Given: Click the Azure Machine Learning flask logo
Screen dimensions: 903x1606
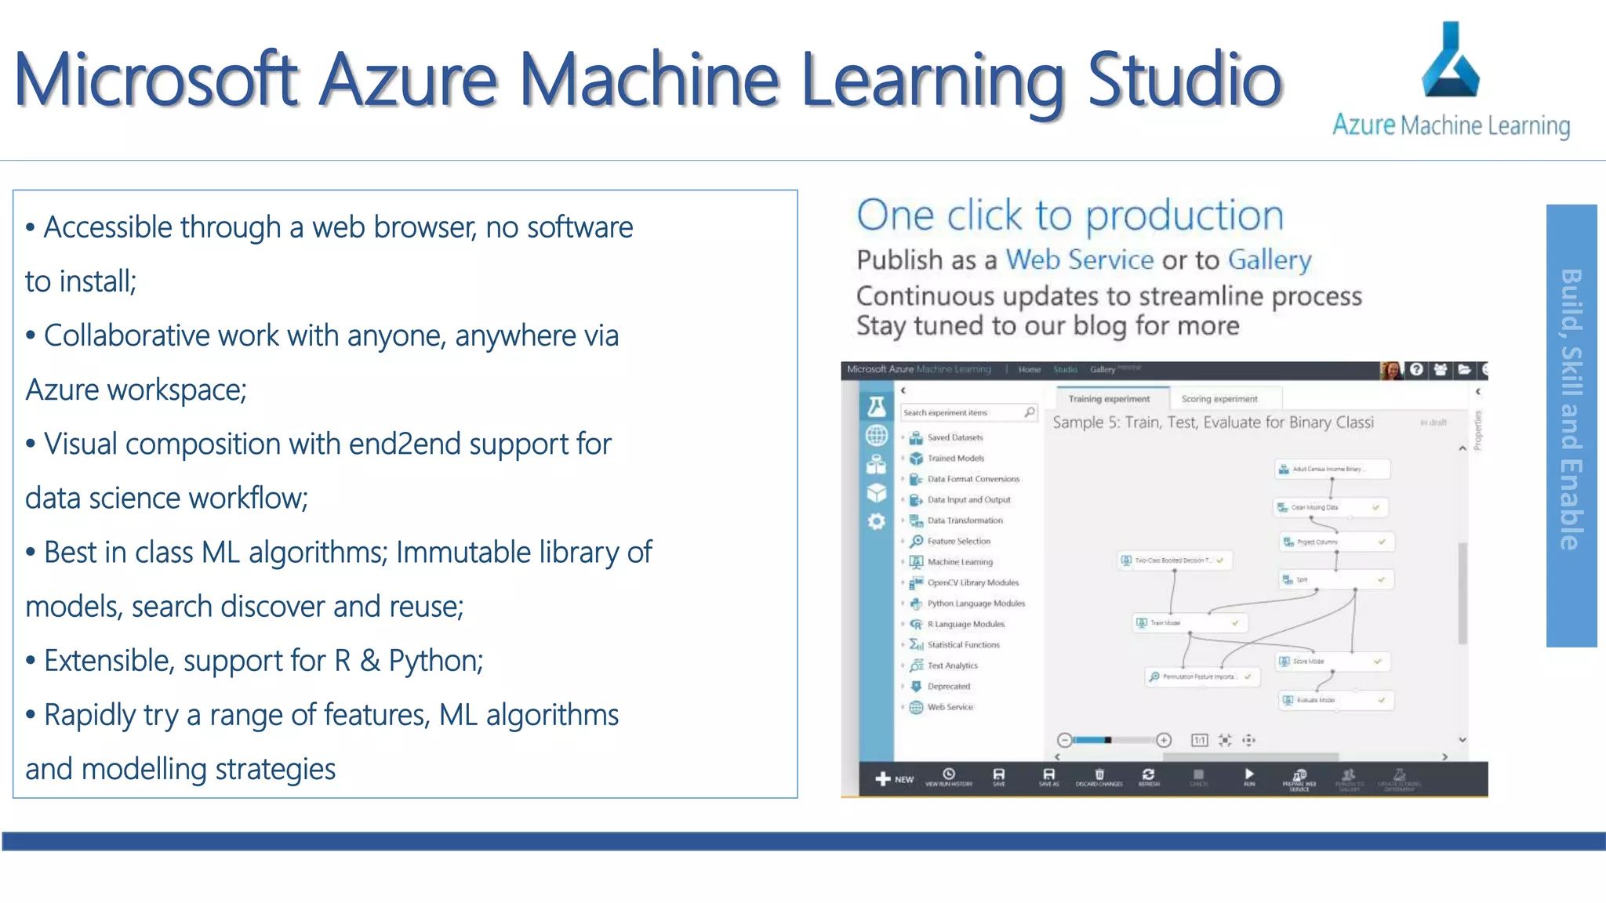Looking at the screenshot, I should coord(1451,60).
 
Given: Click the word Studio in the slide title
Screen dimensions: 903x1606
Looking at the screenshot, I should coord(1185,79).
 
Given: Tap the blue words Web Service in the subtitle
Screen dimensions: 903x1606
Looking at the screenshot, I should coord(1079,259).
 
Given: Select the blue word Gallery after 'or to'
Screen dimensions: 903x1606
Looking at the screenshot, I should coord(1269,259).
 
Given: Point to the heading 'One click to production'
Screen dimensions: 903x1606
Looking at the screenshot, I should coord(1070,216).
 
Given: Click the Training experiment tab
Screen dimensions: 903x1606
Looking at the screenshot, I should coord(1109,399).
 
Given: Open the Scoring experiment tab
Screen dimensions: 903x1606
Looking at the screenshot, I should coord(1219,399).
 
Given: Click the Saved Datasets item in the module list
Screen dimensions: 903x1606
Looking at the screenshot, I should coord(954,437).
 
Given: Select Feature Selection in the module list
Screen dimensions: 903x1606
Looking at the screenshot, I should coord(958,541).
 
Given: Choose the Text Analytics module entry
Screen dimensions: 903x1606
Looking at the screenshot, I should coord(952,665).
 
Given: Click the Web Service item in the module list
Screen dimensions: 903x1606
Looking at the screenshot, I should coord(950,707).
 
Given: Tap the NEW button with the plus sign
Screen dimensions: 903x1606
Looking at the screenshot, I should coord(894,778).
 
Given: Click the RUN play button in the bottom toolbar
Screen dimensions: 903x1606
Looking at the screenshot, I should coord(1249,775).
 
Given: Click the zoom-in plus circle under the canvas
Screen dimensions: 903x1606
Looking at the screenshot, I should coord(1164,740).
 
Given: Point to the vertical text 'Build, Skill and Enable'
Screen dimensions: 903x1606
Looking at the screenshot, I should coord(1571,410).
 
